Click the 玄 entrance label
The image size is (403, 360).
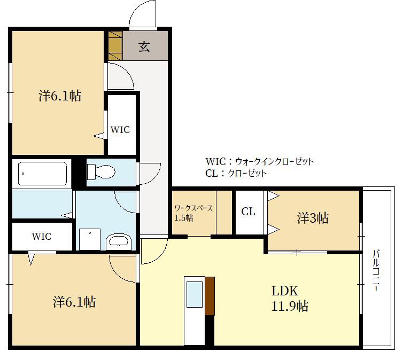144,46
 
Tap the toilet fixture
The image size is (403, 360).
101,171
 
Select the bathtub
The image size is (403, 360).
43,174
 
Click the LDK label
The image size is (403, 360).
285,291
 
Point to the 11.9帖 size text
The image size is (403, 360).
290,306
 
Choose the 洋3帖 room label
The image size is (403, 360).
313,218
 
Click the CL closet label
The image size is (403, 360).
249,212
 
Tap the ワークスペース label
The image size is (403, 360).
194,208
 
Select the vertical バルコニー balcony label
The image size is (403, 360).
376,270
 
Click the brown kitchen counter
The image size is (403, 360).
210,296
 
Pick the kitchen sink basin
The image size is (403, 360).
195,294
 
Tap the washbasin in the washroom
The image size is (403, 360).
119,241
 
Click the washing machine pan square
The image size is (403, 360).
90,239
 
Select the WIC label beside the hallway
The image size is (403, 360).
120,130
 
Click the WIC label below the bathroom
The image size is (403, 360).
42,237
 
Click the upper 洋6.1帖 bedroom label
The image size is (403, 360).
60,96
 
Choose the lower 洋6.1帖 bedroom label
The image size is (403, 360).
74,302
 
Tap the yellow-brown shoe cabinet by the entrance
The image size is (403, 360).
114,46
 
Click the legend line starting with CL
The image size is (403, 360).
236,174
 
